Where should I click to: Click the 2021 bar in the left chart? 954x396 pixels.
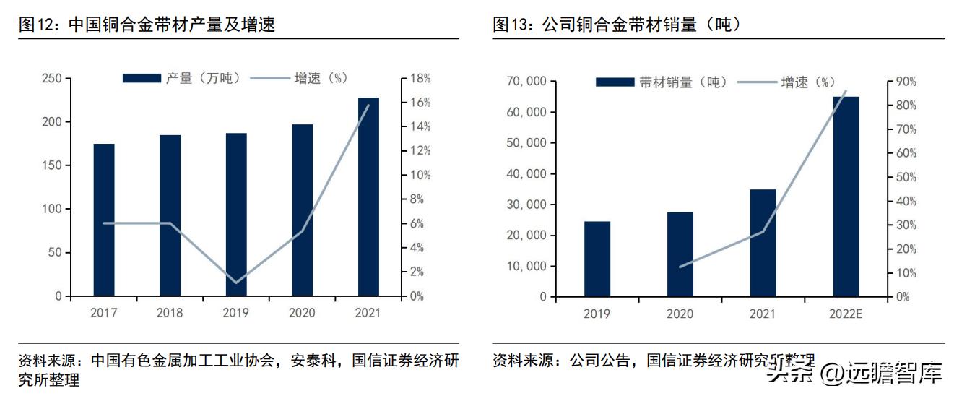[x=368, y=197]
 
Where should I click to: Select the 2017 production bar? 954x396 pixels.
[x=104, y=220]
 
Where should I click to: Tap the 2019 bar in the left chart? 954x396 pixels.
[x=236, y=215]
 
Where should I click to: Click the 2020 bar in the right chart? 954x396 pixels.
[x=680, y=254]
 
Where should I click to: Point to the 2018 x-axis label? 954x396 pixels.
[x=170, y=313]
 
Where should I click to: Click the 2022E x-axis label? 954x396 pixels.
[x=846, y=314]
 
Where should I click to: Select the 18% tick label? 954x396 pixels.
[x=420, y=79]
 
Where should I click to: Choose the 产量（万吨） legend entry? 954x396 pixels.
[x=181, y=79]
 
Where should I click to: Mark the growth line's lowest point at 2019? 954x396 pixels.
[x=236, y=282]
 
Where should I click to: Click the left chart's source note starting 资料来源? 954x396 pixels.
[x=238, y=369]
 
